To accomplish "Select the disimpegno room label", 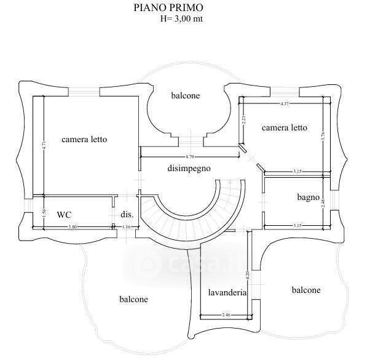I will coord(189,167).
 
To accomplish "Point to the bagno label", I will coord(308,198).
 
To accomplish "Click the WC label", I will coord(65,215).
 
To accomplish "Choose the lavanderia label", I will coord(227,292).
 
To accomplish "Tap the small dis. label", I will coord(127,215).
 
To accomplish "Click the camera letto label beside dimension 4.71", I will coord(84,140).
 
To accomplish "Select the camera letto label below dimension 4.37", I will coord(284,128).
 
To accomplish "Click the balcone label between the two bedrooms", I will coord(185,96).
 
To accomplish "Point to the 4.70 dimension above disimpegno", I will coord(190,158).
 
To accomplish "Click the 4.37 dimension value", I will coord(285,103).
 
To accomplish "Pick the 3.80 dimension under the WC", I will coord(72,228).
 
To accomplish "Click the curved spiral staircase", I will coord(191,212).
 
